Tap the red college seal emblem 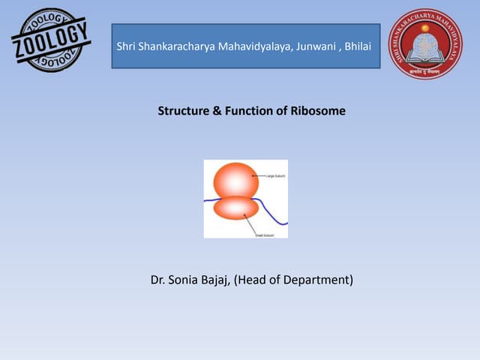425,43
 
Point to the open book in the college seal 425,52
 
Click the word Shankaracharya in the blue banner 177,47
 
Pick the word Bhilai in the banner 360,47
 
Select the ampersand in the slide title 217,111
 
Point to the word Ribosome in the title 318,111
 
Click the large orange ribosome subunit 236,179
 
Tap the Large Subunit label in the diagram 276,175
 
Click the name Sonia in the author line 185,280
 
